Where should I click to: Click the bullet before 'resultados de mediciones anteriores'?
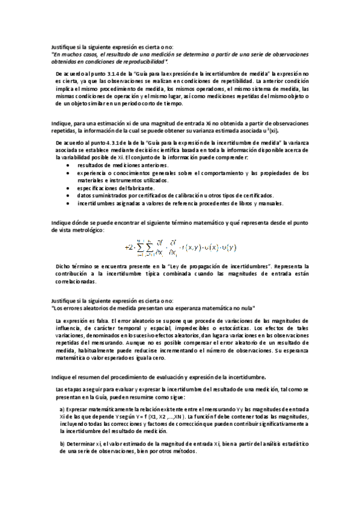[67, 165]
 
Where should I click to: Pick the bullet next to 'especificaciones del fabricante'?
[67, 188]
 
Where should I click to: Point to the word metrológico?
[91, 230]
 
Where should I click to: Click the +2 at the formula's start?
[129, 247]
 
